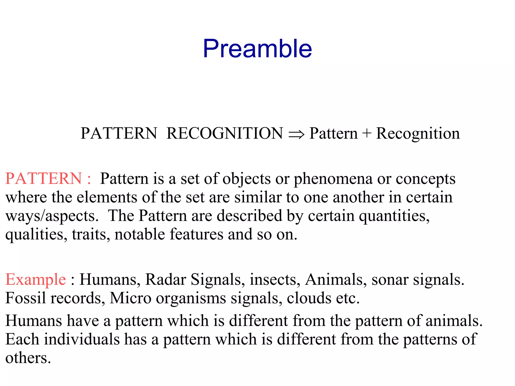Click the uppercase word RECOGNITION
pos(225,133)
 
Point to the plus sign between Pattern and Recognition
pos(367,133)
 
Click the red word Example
pos(36,279)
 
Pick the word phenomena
pos(333,179)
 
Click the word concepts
pos(425,179)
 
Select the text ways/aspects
pos(52,216)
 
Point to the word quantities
pos(394,216)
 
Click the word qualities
pos(36,234)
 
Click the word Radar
pos(166,279)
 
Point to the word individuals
pos(82,339)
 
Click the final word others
pos(28,358)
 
